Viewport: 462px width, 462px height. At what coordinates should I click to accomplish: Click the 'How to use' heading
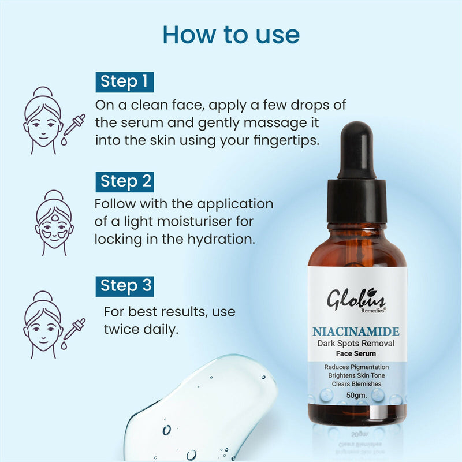tap(231, 34)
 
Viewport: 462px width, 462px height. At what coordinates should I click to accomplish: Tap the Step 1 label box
tap(124, 81)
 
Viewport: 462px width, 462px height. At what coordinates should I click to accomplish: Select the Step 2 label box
tap(124, 181)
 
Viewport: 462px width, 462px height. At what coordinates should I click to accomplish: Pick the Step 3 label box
tap(124, 285)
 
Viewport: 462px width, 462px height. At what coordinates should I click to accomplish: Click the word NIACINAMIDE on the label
tap(356, 332)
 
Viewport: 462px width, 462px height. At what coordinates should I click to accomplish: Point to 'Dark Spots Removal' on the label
tap(356, 344)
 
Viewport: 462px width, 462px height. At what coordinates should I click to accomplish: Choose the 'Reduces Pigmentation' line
tap(356, 367)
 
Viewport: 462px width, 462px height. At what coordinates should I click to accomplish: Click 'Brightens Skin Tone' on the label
tap(356, 375)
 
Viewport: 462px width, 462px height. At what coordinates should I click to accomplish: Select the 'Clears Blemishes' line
tap(356, 384)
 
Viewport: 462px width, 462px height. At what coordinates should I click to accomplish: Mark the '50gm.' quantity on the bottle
tap(356, 396)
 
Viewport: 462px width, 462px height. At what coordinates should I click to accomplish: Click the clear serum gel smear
tap(196, 410)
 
